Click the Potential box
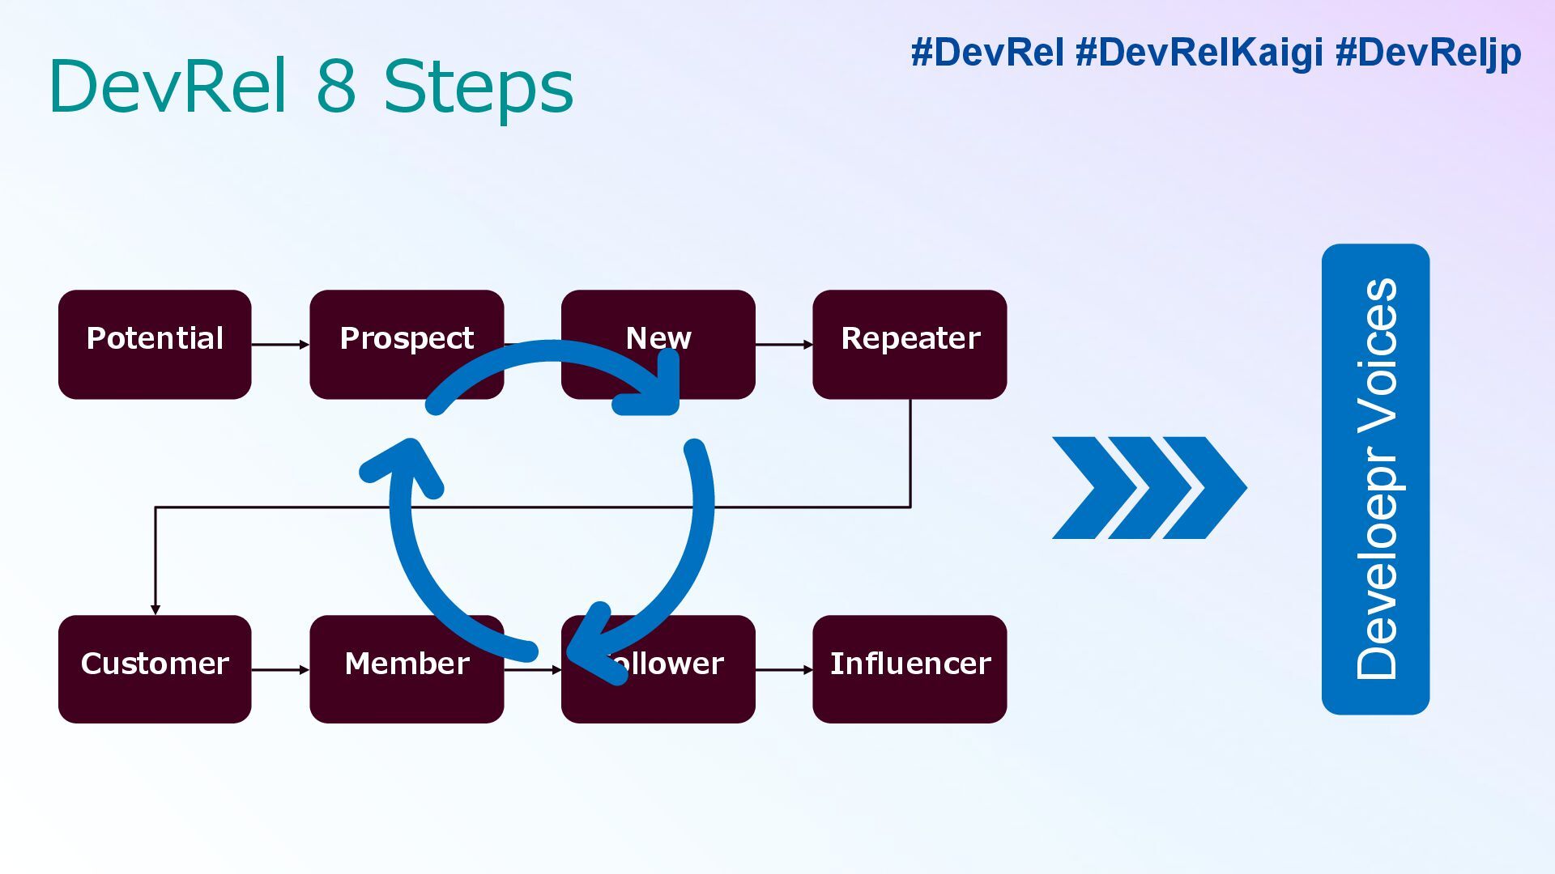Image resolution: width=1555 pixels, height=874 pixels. pos(155,344)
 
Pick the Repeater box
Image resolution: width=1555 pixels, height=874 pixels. pos(910,344)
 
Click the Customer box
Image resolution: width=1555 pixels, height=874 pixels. pos(155,668)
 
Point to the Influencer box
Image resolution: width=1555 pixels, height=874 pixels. pos(910,668)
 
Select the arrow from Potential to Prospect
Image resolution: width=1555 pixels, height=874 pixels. pos(280,345)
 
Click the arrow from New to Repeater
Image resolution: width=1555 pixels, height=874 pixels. pos(784,345)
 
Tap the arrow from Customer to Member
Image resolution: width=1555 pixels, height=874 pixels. pos(280,669)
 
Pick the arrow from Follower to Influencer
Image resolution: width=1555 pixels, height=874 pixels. pos(784,669)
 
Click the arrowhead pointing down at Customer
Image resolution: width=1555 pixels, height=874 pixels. pos(155,609)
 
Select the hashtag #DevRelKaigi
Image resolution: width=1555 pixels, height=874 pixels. pos(1199,53)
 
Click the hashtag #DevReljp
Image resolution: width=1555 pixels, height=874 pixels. pos(1428,53)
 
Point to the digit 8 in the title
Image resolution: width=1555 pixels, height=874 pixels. pos(336,86)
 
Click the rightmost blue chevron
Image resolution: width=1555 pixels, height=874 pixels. pos(1207,488)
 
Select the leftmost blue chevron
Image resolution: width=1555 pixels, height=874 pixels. pos(1093,488)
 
